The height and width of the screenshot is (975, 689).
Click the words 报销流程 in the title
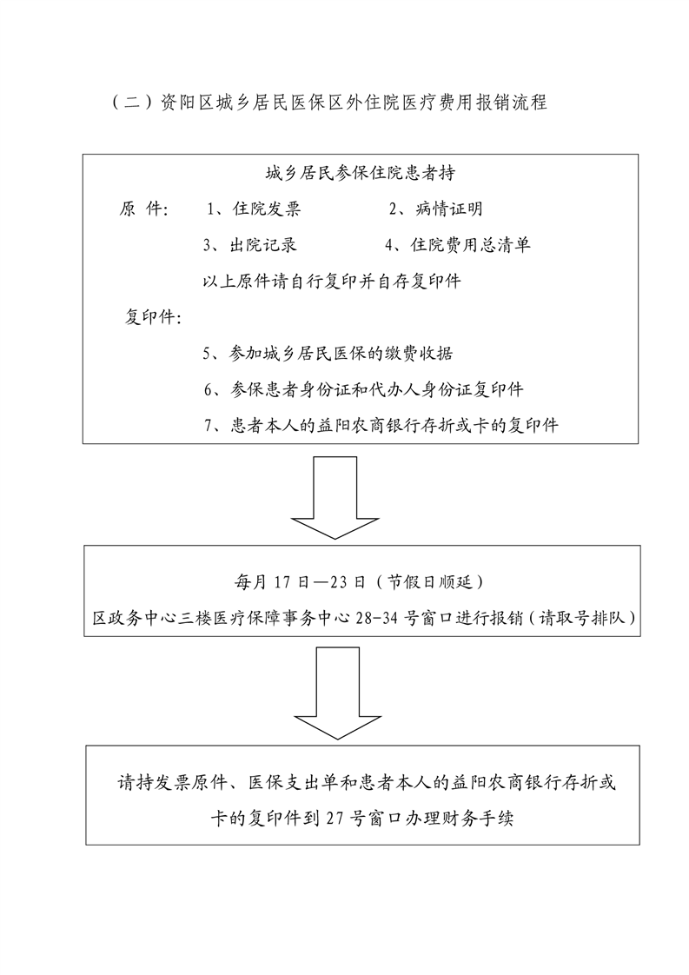(x=511, y=102)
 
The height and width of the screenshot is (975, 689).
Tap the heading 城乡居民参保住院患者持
(x=360, y=173)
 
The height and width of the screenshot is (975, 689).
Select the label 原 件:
(x=143, y=209)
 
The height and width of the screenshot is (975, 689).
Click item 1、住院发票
(x=254, y=209)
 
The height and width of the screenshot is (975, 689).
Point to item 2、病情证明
(x=435, y=209)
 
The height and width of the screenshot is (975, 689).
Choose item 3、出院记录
(x=250, y=245)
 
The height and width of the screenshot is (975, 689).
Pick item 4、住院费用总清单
(x=457, y=245)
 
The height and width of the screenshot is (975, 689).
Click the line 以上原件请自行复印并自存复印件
(x=332, y=281)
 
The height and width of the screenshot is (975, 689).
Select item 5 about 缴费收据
(x=328, y=354)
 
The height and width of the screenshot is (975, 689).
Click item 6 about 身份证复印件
(x=364, y=390)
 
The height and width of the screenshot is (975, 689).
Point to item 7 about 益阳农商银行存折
(x=381, y=426)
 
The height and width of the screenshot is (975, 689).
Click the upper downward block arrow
(x=335, y=497)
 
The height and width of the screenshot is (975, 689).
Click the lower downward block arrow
(x=337, y=693)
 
